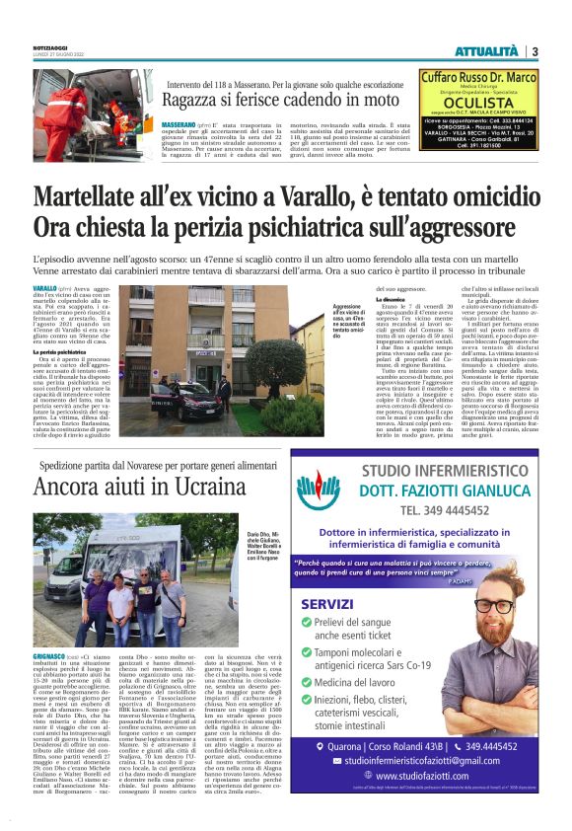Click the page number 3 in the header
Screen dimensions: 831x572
tap(534, 51)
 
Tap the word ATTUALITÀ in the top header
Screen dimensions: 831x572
tap(488, 51)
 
